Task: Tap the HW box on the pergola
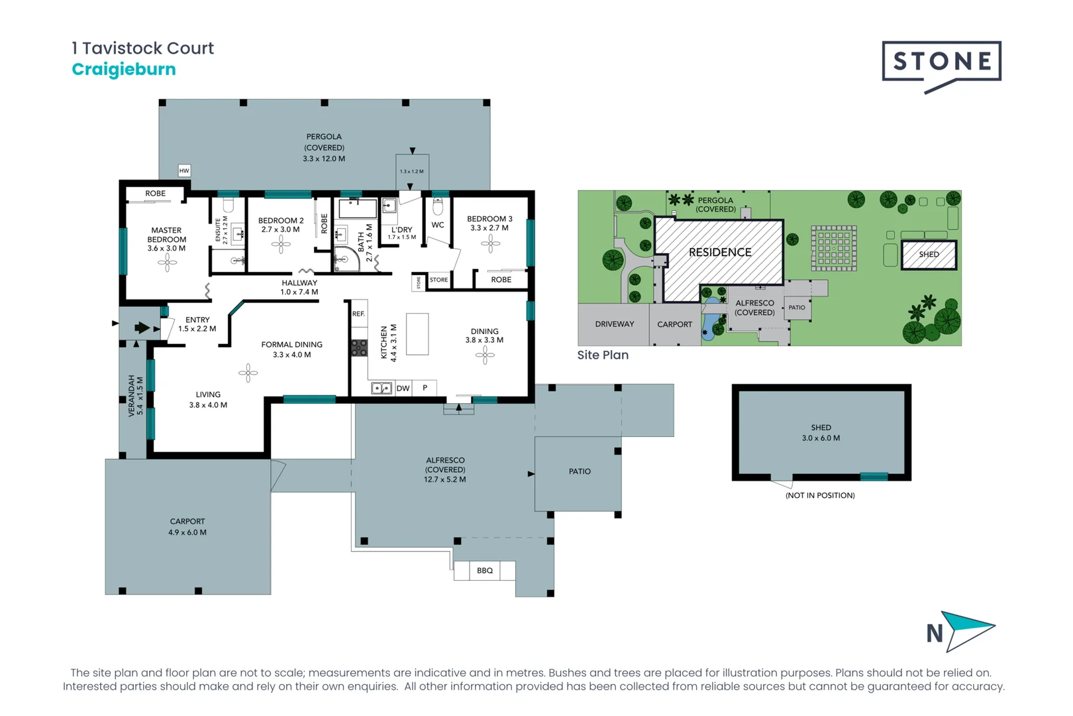pyautogui.click(x=184, y=171)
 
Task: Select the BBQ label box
pyautogui.click(x=485, y=570)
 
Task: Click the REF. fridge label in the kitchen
pyautogui.click(x=358, y=314)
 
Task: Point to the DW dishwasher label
pyautogui.click(x=403, y=388)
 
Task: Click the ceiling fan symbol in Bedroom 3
pyautogui.click(x=490, y=245)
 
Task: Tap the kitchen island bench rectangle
pyautogui.click(x=417, y=334)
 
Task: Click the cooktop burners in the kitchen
pyautogui.click(x=359, y=347)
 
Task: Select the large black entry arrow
pyautogui.click(x=142, y=328)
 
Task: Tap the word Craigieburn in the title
pyautogui.click(x=124, y=70)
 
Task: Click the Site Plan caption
pyautogui.click(x=603, y=355)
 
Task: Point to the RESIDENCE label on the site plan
pyautogui.click(x=720, y=253)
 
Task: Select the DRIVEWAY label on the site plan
pyautogui.click(x=614, y=324)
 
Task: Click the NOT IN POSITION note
pyautogui.click(x=820, y=495)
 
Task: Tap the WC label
pyautogui.click(x=438, y=225)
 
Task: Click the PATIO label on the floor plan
pyautogui.click(x=580, y=471)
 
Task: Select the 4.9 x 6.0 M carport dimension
pyautogui.click(x=187, y=532)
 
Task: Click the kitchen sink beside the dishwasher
pyautogui.click(x=381, y=388)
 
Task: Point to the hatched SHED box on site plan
pyautogui.click(x=929, y=255)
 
